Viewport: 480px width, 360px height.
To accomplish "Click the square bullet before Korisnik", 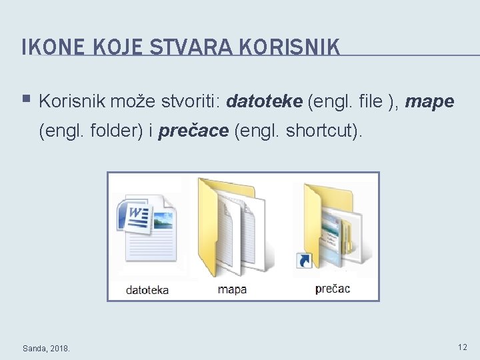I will [x=27, y=100].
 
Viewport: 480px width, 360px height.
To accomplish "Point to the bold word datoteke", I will [x=264, y=101].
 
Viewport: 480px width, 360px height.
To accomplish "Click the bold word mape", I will [x=429, y=101].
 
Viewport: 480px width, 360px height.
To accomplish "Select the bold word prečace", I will [x=193, y=131].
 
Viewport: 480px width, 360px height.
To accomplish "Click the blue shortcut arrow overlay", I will [x=303, y=260].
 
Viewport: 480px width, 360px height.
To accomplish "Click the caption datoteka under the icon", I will [x=147, y=290].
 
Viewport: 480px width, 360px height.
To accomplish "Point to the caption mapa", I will [x=232, y=289].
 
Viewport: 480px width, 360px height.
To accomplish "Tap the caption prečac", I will [x=332, y=289].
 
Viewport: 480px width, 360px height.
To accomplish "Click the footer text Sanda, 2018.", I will [x=46, y=348].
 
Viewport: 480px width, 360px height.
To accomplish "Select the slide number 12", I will [x=462, y=347].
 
